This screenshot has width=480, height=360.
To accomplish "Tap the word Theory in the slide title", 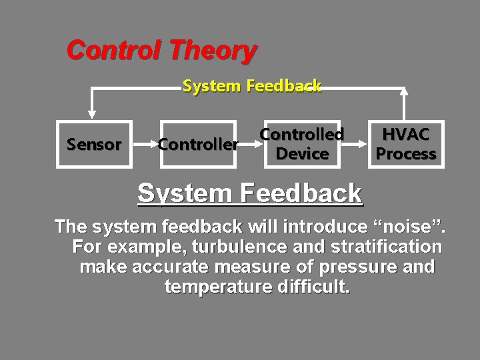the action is coord(213,50).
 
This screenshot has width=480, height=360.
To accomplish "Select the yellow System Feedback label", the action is coord(252,86).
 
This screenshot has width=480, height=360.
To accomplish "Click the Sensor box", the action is coord(94,144).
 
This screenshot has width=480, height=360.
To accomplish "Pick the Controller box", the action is coord(198,144).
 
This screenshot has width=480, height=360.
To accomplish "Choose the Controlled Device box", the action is coord(302,144).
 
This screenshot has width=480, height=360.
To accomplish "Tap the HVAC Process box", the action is coord(406,144).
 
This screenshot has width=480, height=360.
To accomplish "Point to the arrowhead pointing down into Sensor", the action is coord(93,114).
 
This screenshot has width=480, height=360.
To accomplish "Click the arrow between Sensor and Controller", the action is coord(143,144).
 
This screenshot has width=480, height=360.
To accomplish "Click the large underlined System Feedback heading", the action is coord(249,193).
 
